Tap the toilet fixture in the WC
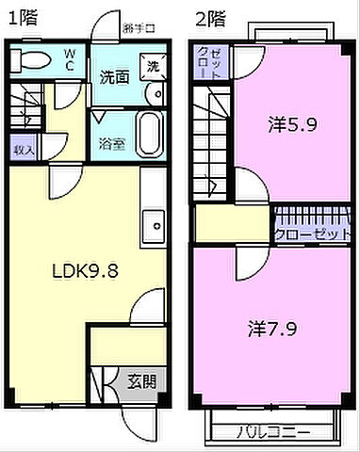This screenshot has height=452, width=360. tap(30, 61)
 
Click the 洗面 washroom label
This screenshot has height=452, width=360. tap(114, 78)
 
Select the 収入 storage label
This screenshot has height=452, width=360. tap(24, 149)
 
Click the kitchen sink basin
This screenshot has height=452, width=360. tap(153, 225)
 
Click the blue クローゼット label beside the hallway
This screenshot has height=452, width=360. tap(313, 233)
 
